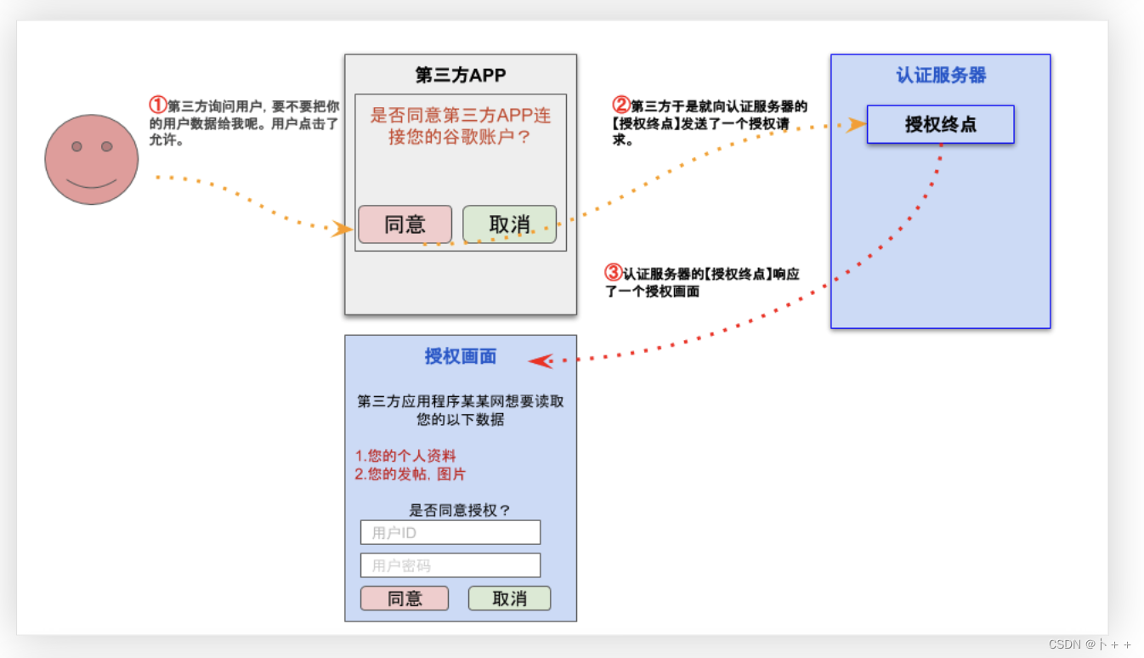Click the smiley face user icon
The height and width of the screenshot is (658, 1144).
(x=92, y=159)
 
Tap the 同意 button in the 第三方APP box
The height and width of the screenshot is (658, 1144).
(x=405, y=224)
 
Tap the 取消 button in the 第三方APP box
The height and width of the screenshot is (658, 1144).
(x=509, y=224)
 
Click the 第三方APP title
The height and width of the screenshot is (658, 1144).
(x=461, y=75)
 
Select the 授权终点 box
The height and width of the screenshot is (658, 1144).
(x=940, y=124)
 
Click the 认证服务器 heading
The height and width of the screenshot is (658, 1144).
(x=941, y=75)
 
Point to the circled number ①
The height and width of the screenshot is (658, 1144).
(x=157, y=105)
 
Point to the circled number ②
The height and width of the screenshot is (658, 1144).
(x=621, y=105)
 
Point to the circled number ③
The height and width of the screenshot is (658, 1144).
(x=613, y=273)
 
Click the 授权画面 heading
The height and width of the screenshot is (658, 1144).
(x=461, y=356)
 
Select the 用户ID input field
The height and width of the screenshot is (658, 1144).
(x=450, y=532)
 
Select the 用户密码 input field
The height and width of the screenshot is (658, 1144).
(x=450, y=565)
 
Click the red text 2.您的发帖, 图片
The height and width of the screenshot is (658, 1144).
(x=411, y=474)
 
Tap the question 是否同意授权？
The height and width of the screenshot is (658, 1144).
(x=460, y=510)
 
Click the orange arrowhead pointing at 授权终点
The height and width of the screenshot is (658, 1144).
(x=857, y=125)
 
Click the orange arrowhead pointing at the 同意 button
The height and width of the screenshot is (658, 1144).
(x=343, y=229)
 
